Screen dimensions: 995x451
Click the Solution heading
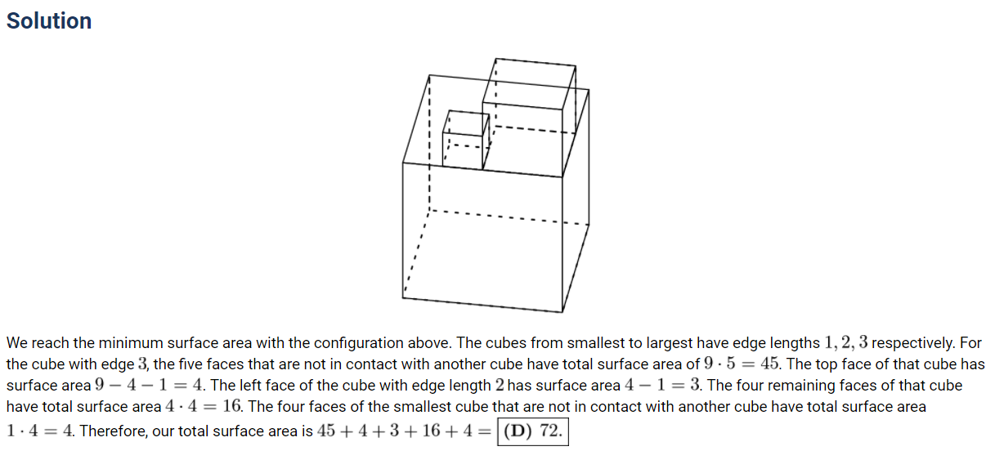pyautogui.click(x=49, y=21)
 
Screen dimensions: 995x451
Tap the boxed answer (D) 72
pyautogui.click(x=533, y=431)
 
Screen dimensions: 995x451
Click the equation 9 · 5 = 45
pyautogui.click(x=742, y=364)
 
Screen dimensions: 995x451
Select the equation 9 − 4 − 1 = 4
pyautogui.click(x=149, y=385)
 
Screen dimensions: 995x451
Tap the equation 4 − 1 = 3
pyautogui.click(x=662, y=385)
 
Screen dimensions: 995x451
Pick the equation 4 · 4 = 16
pyautogui.click(x=204, y=406)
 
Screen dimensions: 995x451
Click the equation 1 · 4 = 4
pyautogui.click(x=39, y=431)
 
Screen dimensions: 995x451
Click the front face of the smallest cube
pyautogui.click(x=463, y=150)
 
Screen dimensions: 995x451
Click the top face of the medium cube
pyautogui.click(x=529, y=84)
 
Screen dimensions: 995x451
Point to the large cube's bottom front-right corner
pyautogui.click(x=562, y=312)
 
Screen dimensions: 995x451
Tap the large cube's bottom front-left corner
pyautogui.click(x=403, y=298)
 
